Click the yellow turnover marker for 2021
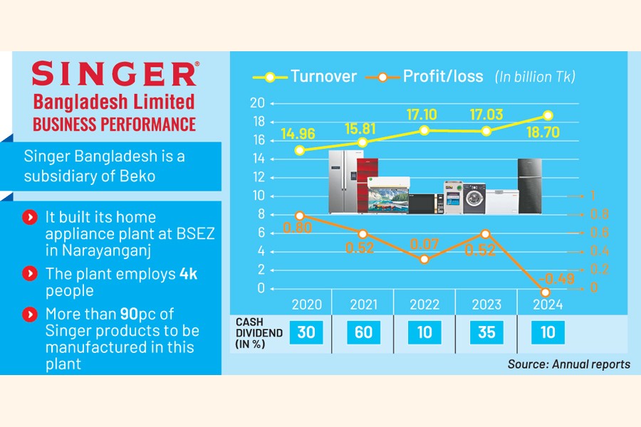363,142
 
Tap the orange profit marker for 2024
546,292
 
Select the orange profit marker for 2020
301,215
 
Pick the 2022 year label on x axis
424,305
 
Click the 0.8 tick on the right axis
600,214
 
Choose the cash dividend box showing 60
363,332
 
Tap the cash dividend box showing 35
486,332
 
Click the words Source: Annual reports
568,364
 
